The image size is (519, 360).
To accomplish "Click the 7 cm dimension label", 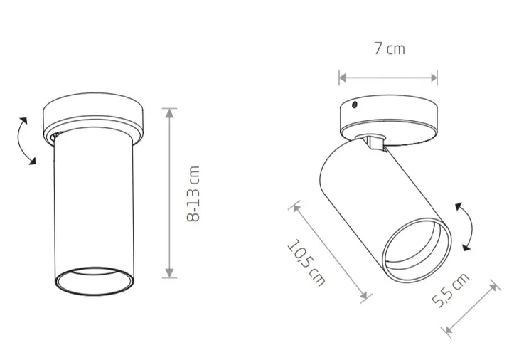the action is click(390, 48).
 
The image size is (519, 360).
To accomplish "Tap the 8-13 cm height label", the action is click(193, 194).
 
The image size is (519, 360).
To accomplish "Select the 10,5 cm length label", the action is click(306, 263).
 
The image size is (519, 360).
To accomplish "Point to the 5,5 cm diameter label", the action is click(451, 290).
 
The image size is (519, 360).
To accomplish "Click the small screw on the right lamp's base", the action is click(354, 105).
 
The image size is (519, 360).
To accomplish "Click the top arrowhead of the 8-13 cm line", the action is click(169, 113).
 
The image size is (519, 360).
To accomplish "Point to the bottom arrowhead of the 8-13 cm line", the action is click(169, 273).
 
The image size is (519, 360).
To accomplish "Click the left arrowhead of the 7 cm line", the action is click(343, 78).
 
